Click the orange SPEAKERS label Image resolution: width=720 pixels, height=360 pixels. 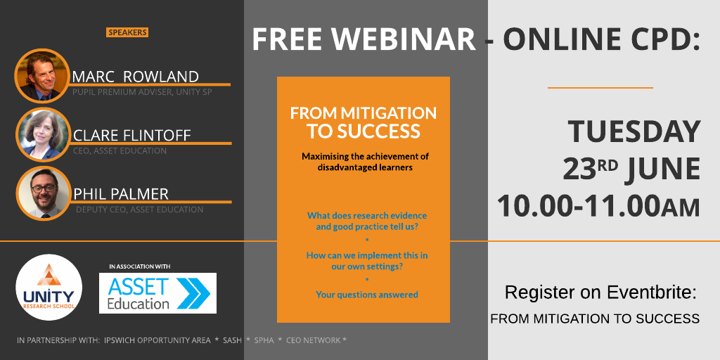click(127, 32)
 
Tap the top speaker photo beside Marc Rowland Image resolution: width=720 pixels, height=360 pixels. click(41, 76)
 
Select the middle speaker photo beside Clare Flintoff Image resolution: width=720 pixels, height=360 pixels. click(43, 134)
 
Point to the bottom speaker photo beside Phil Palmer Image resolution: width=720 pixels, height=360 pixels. click(44, 193)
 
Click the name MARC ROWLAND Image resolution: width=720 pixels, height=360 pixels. click(136, 77)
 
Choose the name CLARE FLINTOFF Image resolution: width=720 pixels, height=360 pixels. click(131, 136)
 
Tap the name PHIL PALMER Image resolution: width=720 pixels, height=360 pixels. click(121, 194)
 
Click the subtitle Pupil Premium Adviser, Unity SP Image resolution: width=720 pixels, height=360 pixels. click(142, 92)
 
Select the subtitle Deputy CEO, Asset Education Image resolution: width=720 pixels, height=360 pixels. click(140, 210)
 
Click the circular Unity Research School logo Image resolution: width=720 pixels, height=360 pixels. click(49, 288)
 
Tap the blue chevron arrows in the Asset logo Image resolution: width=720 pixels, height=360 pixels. click(193, 293)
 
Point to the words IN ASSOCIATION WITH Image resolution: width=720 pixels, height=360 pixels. click(140, 266)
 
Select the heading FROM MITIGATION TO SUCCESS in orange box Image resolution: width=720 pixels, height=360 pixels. click(364, 122)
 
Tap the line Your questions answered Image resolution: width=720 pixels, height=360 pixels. click(367, 295)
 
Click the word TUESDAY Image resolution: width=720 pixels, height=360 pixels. click(634, 131)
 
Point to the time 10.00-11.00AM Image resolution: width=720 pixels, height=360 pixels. click(598, 205)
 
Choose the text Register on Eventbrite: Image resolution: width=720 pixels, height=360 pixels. click(600, 292)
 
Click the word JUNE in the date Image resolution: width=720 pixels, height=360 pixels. click(662, 169)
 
